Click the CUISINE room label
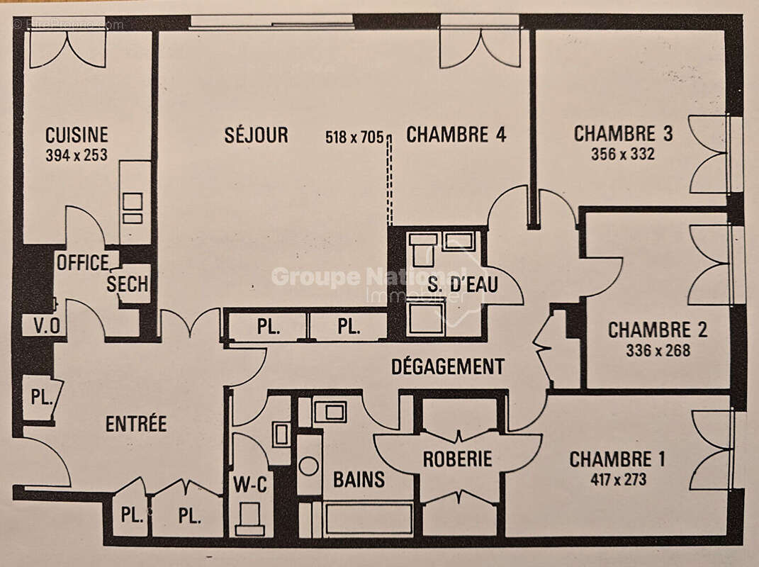(77, 135)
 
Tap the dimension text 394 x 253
(77, 155)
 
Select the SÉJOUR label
(257, 135)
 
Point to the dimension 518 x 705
(354, 137)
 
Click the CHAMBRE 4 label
(456, 135)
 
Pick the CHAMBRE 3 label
(623, 134)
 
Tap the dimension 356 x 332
(623, 154)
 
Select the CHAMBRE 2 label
(658, 330)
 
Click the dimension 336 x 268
(658, 350)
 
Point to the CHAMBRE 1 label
(617, 459)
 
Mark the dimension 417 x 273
(617, 479)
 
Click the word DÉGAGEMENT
(448, 366)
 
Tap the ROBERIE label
(457, 459)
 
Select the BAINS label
(359, 480)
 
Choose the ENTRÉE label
(136, 424)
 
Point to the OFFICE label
(83, 263)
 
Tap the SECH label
(128, 285)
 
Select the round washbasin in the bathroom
(308, 466)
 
